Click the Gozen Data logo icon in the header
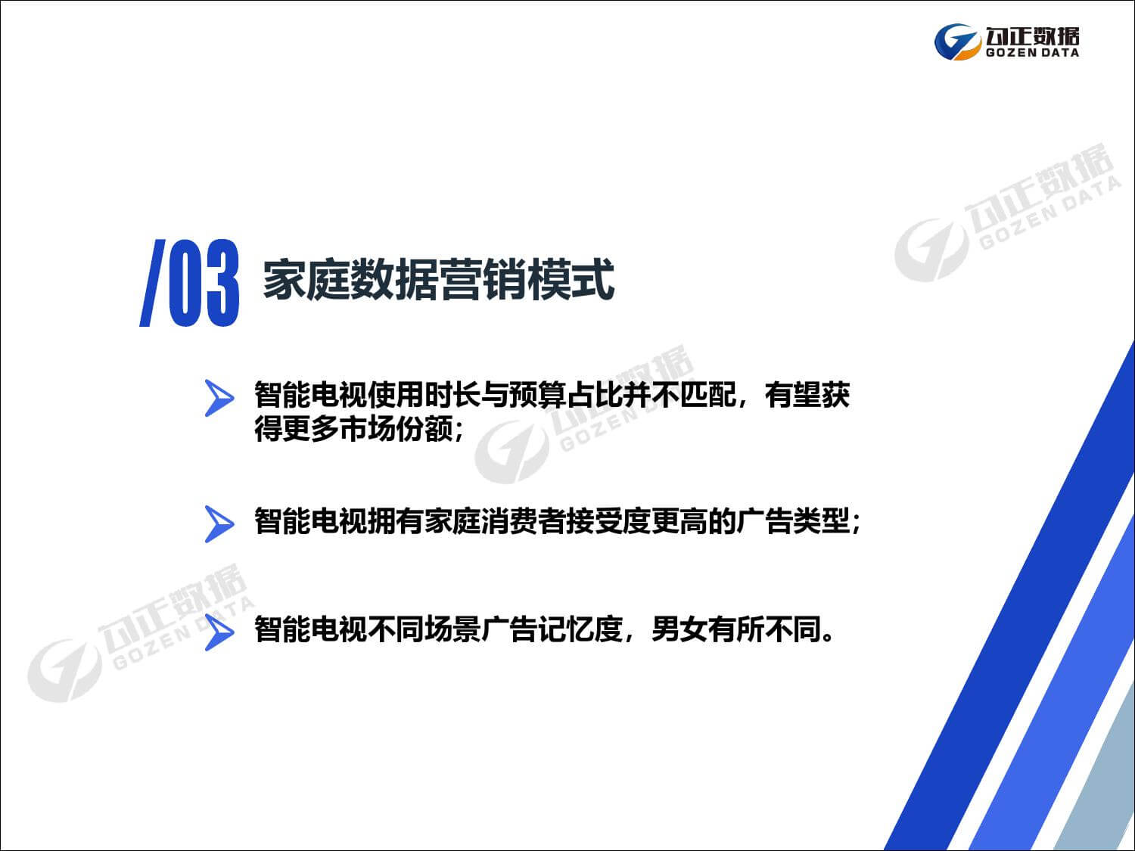(x=957, y=41)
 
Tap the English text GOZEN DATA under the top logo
(x=1032, y=53)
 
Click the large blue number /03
(x=190, y=284)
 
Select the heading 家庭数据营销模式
(x=438, y=280)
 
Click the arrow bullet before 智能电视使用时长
(x=219, y=398)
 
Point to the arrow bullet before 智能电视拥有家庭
(x=219, y=523)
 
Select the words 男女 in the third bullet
(x=679, y=629)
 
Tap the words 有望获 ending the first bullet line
(x=807, y=395)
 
